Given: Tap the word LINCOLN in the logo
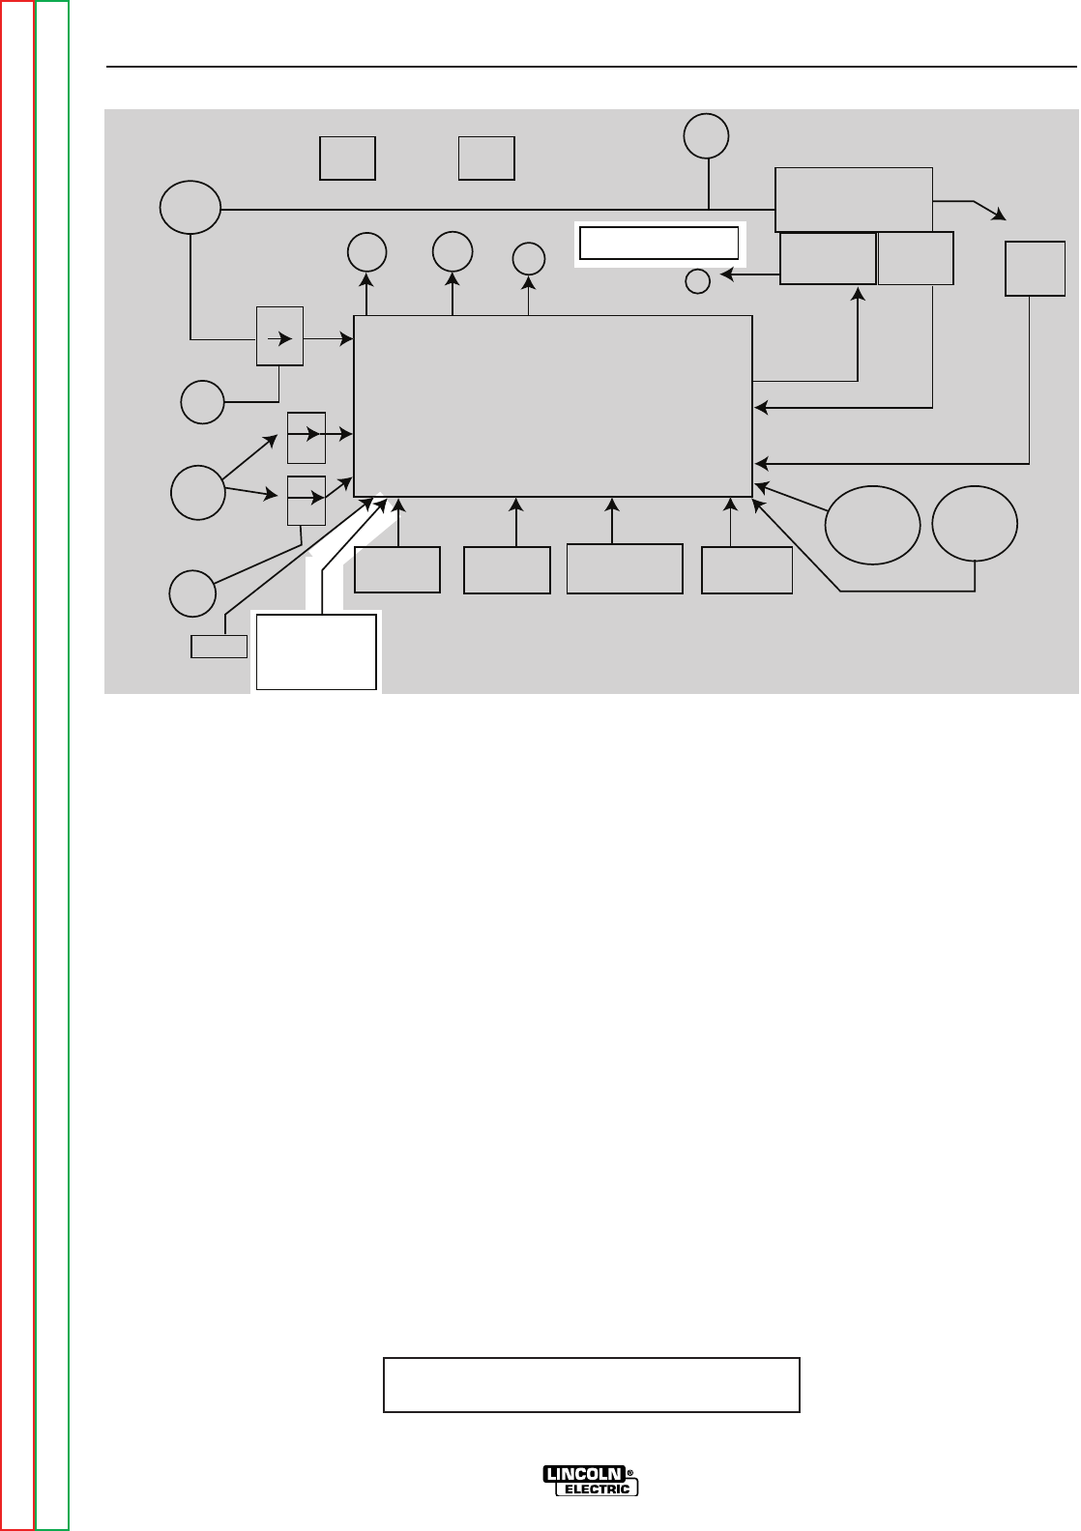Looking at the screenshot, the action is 583,1474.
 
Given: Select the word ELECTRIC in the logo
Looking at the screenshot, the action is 597,1488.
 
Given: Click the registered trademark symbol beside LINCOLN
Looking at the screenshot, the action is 631,1473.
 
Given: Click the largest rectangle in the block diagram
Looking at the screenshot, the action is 553,405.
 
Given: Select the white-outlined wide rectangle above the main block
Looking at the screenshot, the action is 658,243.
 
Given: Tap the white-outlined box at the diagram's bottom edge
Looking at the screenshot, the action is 316,650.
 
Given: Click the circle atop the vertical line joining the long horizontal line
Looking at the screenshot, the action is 707,135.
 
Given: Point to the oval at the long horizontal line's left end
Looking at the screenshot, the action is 190,208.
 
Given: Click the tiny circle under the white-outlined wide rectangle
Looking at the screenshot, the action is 697,281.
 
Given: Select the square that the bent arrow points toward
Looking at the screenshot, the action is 1029,269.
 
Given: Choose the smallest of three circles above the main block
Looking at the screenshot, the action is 528,258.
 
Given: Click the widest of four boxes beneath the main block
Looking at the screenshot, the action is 625,568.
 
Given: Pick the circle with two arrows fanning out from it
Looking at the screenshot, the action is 196,492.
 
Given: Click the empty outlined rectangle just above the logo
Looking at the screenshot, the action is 592,1385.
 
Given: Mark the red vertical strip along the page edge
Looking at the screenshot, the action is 17,764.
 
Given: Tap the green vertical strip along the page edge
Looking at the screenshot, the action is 52,764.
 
